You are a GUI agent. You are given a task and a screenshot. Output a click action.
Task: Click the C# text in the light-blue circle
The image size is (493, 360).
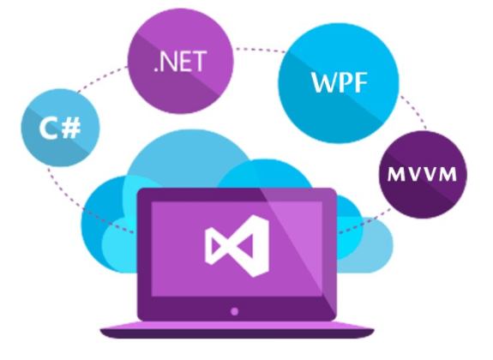coord(60,128)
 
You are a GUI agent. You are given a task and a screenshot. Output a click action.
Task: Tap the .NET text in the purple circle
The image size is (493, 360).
coord(180,62)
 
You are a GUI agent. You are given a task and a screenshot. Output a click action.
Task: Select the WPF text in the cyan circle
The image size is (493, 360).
coord(339,82)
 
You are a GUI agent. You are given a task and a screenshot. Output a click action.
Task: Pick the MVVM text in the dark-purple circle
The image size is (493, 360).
coord(422,174)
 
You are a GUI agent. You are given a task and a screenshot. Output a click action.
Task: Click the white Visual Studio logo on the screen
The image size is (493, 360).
coord(237,246)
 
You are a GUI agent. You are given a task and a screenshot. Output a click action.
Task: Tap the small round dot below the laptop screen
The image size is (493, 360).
coord(234,312)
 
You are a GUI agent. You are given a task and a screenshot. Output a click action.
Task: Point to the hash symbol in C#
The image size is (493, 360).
coord(71,128)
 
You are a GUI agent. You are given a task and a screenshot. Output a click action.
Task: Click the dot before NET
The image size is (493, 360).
coord(156,69)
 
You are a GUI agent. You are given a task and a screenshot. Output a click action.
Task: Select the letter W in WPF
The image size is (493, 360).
coord(324,82)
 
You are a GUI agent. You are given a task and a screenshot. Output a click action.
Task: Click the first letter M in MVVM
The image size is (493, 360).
coord(395,174)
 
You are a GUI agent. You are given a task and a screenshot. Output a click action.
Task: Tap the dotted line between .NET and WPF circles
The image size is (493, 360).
coord(260,50)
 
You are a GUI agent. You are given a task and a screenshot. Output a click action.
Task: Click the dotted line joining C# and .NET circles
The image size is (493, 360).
coord(103,79)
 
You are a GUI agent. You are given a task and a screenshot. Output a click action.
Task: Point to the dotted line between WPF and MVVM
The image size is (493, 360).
coord(414,111)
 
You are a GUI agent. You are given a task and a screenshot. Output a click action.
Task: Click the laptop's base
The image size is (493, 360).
coord(237,330)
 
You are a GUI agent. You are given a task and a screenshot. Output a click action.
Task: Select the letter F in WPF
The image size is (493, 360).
coord(361,82)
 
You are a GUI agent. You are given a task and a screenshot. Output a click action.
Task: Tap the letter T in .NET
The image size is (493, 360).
coord(199,62)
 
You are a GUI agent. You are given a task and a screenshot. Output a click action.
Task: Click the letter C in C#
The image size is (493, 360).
coord(49,128)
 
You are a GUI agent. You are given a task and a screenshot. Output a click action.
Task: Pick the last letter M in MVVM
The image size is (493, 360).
coord(448,174)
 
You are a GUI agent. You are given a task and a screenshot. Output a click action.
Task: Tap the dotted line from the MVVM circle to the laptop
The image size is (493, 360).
coord(364,221)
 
